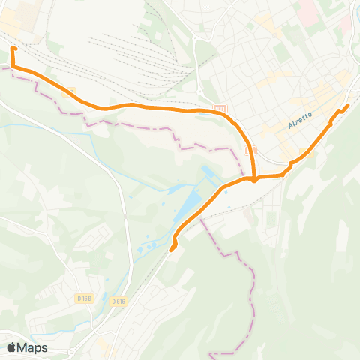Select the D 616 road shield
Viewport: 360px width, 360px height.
click(118, 301)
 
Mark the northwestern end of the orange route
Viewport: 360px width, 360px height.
click(13, 49)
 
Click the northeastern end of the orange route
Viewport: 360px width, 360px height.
click(349, 104)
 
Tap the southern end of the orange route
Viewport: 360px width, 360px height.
click(172, 249)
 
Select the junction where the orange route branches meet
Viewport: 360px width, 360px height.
click(254, 179)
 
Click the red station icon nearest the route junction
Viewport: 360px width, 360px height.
click(251, 150)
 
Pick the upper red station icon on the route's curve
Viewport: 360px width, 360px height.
click(219, 109)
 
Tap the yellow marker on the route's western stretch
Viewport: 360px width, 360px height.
click(72, 91)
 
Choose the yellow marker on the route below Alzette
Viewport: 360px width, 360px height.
click(304, 153)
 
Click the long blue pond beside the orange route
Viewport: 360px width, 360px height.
click(193, 203)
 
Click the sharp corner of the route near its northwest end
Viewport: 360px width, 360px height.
click(14, 67)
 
